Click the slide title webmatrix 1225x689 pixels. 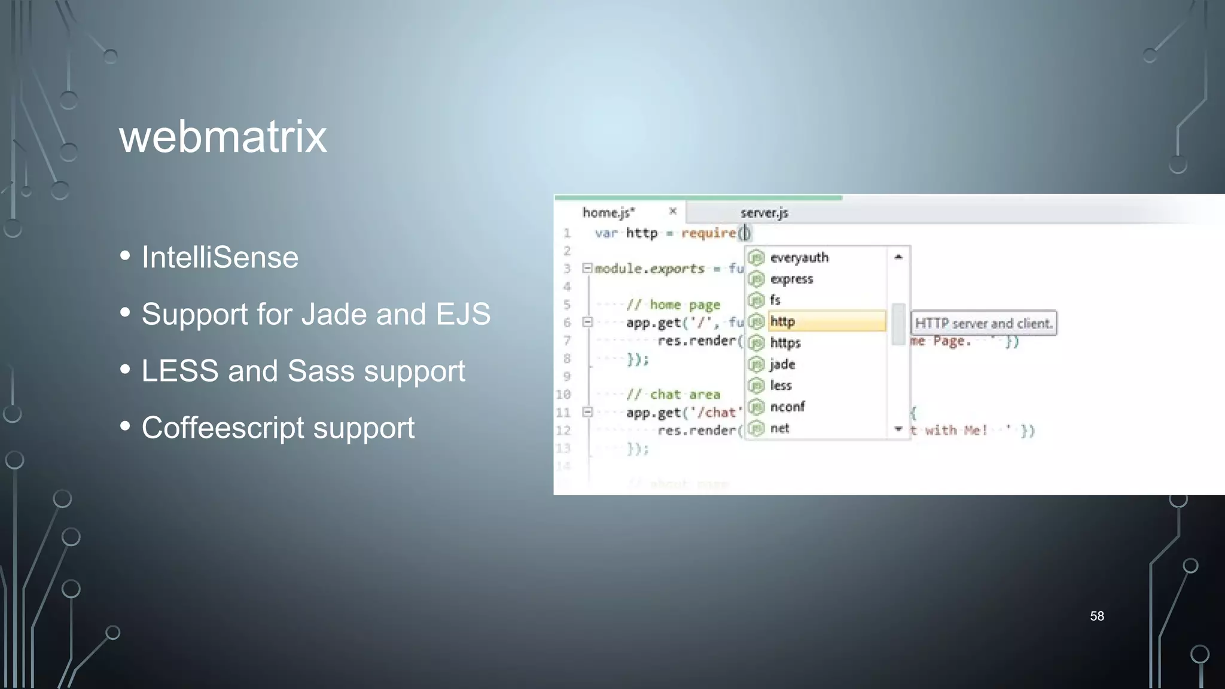[x=223, y=137]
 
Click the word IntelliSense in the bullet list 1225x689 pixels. [x=220, y=258]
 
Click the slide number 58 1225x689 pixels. [x=1096, y=616]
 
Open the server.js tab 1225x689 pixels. [x=764, y=213]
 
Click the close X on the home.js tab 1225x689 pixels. [x=672, y=211]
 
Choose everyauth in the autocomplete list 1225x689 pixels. [x=799, y=258]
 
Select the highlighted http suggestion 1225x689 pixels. [x=782, y=322]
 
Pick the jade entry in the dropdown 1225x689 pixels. [x=782, y=364]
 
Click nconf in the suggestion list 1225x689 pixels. [x=787, y=407]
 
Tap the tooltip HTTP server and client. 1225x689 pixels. [x=983, y=324]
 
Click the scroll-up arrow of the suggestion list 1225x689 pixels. [x=898, y=257]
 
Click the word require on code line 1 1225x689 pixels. [x=708, y=233]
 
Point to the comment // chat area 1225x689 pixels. [x=673, y=395]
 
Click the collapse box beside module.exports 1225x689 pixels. [x=587, y=268]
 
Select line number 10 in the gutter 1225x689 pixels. [x=563, y=395]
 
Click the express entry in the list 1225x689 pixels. [x=791, y=279]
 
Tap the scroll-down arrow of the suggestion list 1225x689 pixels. [x=898, y=429]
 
